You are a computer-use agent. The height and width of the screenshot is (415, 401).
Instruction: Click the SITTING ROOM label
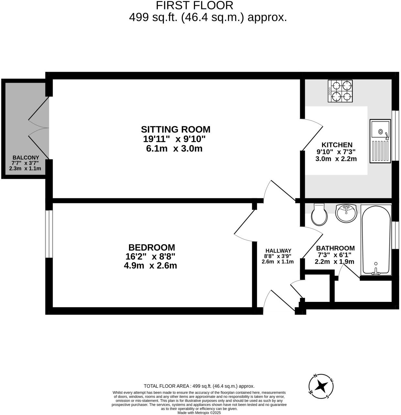click(176, 129)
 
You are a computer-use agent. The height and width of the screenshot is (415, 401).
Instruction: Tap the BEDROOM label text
click(152, 247)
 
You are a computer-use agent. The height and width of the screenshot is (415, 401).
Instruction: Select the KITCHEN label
click(337, 145)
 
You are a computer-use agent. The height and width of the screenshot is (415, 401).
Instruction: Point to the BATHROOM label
click(335, 248)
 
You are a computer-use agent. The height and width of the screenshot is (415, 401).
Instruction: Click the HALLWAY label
click(278, 251)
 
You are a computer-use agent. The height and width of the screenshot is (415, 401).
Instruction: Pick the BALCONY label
click(26, 157)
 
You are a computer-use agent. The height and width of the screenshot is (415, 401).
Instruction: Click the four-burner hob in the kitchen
click(340, 91)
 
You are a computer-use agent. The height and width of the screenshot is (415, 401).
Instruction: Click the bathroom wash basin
click(346, 213)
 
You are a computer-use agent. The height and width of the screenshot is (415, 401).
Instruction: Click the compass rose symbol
click(321, 386)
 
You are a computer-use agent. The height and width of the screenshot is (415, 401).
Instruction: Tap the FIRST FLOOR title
click(194, 5)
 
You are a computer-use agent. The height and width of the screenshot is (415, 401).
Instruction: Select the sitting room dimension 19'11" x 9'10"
click(174, 139)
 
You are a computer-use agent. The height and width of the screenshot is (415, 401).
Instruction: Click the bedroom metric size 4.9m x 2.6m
click(150, 266)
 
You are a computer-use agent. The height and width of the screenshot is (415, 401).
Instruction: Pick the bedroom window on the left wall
click(49, 234)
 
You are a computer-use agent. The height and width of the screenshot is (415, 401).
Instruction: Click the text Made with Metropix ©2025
click(199, 413)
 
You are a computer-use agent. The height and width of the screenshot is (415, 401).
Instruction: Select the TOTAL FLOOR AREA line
click(199, 386)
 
